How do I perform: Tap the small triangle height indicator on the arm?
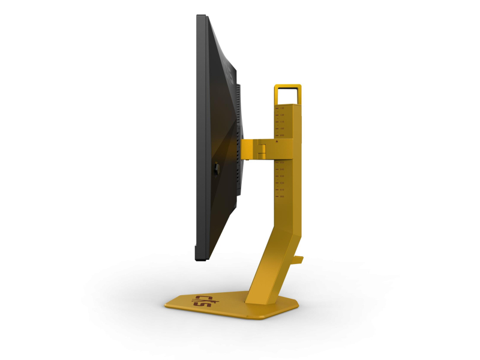click(x=277, y=142)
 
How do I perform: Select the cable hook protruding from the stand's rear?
click(x=299, y=259)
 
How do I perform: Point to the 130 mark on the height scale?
click(x=281, y=108)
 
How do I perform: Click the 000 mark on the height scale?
click(x=281, y=196)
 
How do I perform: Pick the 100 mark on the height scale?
click(x=281, y=128)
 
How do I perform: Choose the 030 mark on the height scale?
click(x=281, y=176)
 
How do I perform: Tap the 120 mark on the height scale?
click(x=281, y=115)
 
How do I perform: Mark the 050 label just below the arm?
click(x=281, y=163)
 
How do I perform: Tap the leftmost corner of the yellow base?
click(x=166, y=306)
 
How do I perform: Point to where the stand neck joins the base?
click(x=264, y=293)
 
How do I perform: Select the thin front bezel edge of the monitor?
click(x=199, y=138)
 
